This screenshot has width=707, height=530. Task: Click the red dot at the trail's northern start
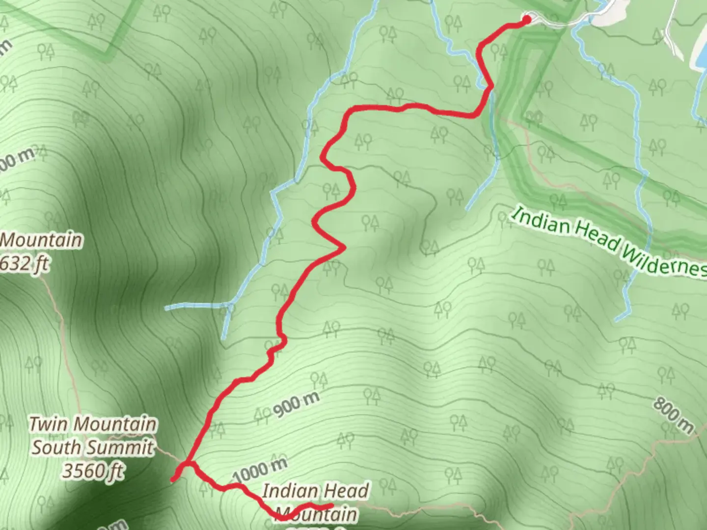coord(527,20)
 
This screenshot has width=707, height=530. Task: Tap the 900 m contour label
coord(296,404)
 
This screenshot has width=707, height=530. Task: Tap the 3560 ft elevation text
coord(92,471)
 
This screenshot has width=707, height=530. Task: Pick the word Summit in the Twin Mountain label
coord(127,448)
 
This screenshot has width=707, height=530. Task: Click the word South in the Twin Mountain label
coord(59,448)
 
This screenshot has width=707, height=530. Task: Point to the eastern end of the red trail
coord(332,505)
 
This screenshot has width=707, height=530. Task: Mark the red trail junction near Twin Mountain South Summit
coord(187,464)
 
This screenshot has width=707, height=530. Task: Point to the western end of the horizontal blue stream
coord(167,308)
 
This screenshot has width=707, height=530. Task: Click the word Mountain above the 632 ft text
coord(41,240)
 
